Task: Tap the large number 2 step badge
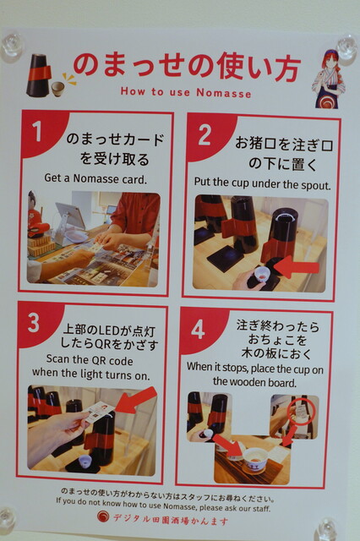pyautogui.click(x=205, y=134)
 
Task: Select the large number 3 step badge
pyautogui.click(x=34, y=322)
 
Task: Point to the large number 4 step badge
pyautogui.click(x=198, y=329)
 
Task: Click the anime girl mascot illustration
pyautogui.click(x=328, y=79)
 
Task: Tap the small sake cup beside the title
pyautogui.click(x=57, y=89)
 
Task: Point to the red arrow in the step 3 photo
pyautogui.click(x=136, y=400)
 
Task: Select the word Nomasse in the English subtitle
pyautogui.click(x=224, y=92)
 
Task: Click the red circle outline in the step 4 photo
pyautogui.click(x=303, y=413)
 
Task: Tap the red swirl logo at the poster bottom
pyautogui.click(x=103, y=517)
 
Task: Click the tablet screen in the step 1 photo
pyautogui.click(x=71, y=216)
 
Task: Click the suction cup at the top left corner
pyautogui.click(x=12, y=46)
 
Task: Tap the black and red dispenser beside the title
pyautogui.click(x=38, y=75)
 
